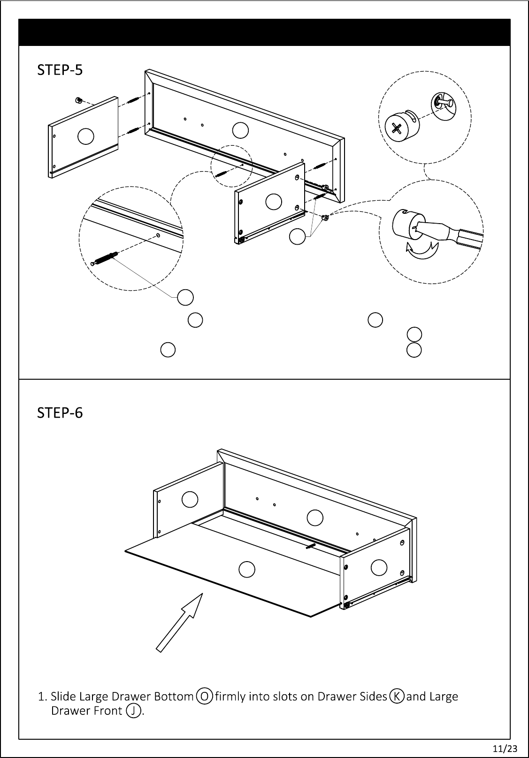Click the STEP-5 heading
tap(60, 70)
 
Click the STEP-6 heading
tap(60, 413)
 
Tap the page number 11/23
tap(501, 748)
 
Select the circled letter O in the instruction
tap(205, 696)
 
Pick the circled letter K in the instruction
tap(397, 696)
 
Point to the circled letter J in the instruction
tap(134, 711)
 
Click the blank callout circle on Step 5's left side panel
tap(86, 136)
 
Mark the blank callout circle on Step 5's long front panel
tap(240, 130)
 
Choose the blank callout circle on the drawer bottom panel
tap(246, 569)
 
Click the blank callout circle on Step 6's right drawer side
tap(379, 567)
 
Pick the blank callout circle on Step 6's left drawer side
tap(190, 499)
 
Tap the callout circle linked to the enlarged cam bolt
tap(185, 297)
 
